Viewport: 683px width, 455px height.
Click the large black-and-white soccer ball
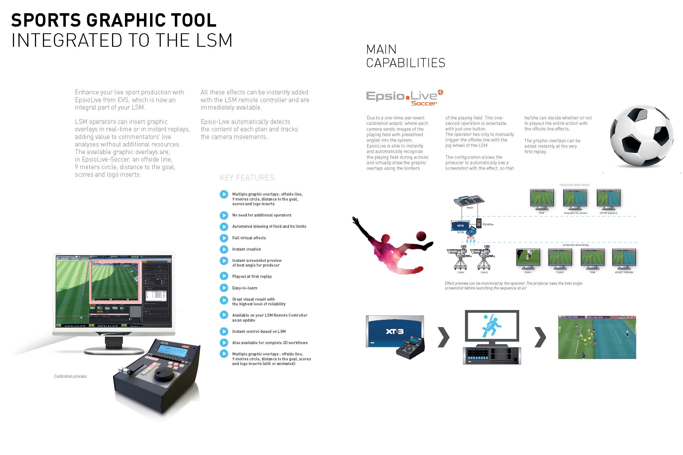[641, 136]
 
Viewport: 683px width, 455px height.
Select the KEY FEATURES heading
[247, 178]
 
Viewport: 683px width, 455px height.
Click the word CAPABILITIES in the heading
[406, 63]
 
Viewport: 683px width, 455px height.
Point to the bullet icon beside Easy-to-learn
[224, 288]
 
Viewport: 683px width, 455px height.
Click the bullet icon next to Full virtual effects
[224, 238]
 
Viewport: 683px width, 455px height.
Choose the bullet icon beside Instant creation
[224, 249]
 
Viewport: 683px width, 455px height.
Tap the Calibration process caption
[70, 376]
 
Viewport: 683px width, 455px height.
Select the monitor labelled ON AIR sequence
[608, 199]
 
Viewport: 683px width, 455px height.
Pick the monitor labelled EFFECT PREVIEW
[624, 258]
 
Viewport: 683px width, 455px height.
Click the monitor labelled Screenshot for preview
[575, 199]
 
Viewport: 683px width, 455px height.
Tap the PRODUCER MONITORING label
[574, 185]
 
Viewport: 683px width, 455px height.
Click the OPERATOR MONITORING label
[576, 245]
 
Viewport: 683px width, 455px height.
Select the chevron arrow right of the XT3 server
[443, 337]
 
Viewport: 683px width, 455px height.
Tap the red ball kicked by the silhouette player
[421, 236]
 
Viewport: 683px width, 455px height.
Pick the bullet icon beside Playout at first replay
[224, 276]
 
